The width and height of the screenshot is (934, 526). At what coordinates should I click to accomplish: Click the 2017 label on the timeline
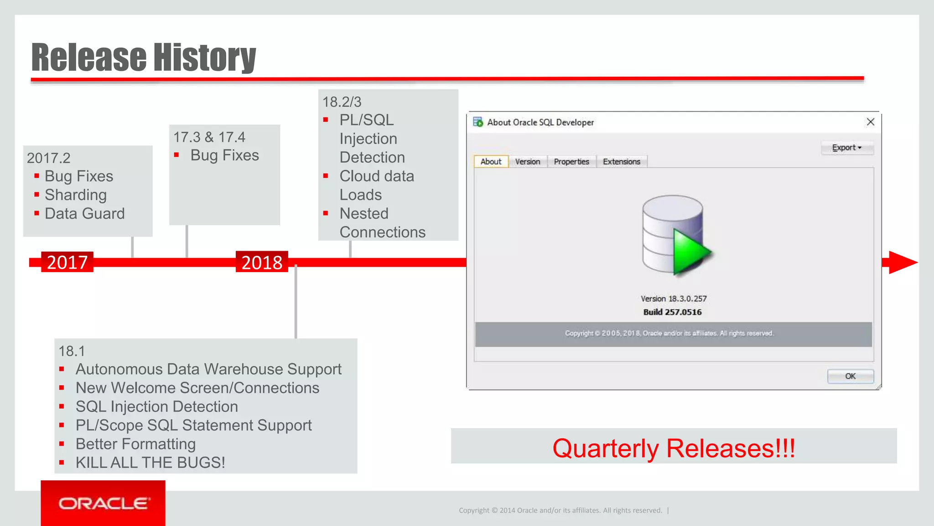pos(67,262)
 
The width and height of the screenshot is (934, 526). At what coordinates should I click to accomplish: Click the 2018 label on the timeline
pos(262,262)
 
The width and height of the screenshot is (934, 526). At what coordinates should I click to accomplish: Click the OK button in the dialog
pos(850,376)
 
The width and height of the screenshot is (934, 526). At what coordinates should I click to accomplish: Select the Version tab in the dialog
pos(527,162)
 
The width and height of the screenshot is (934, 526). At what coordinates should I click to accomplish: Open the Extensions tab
pos(621,162)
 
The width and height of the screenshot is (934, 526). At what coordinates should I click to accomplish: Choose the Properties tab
pos(571,162)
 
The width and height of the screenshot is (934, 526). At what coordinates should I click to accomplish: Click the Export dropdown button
pos(846,147)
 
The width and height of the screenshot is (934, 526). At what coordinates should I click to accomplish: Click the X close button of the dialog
pos(870,122)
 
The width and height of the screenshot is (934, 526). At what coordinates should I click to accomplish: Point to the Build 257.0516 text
pos(672,312)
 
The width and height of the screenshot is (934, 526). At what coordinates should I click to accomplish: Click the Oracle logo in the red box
pos(103,504)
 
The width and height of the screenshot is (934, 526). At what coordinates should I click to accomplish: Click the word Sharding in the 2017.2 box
pos(76,195)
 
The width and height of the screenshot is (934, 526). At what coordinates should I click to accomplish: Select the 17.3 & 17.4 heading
pos(209,137)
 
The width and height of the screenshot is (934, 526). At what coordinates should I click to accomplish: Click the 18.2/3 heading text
pos(342,102)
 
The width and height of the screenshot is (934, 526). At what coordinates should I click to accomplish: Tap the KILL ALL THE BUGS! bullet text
pos(150,463)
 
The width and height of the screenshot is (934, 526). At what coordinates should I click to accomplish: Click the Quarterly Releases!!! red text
pos(673,448)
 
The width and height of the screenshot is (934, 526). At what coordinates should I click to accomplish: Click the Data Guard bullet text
pos(84,214)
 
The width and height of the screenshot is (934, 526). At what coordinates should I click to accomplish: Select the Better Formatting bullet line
pos(135,444)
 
